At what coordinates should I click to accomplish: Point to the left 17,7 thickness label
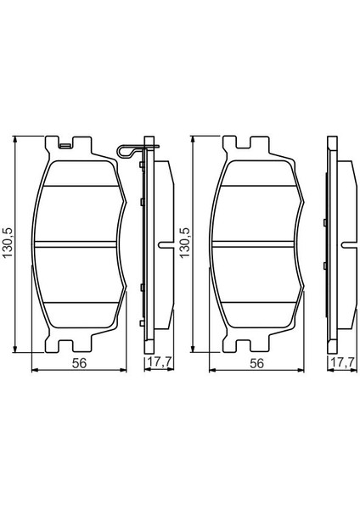coord(155,363)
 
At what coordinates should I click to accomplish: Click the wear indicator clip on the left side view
coord(126,152)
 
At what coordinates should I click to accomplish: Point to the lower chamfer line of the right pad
coord(256,304)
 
